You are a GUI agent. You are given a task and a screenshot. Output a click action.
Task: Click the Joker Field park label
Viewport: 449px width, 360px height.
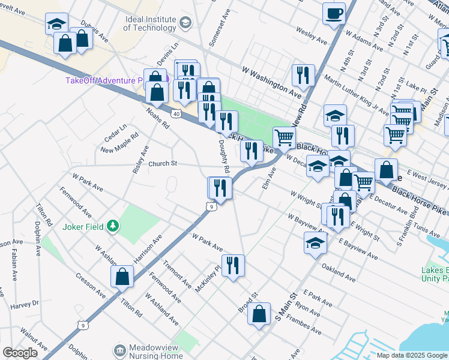tap(82, 227)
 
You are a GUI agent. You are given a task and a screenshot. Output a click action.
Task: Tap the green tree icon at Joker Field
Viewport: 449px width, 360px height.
tap(112, 226)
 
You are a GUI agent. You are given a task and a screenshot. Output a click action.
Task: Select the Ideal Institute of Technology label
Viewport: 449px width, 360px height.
tap(151, 23)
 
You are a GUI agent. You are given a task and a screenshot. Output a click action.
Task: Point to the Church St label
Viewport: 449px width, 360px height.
tap(163, 163)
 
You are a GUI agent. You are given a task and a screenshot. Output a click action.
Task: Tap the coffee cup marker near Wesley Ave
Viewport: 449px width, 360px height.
tap(334, 13)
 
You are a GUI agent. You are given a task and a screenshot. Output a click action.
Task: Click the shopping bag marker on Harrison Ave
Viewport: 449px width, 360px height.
tap(122, 276)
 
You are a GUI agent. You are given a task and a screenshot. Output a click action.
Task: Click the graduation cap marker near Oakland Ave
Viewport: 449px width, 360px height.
tap(315, 243)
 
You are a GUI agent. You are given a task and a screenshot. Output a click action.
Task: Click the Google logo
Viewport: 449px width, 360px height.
tap(20, 353)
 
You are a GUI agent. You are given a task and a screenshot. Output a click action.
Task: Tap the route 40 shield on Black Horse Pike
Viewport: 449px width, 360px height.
tap(176, 113)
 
